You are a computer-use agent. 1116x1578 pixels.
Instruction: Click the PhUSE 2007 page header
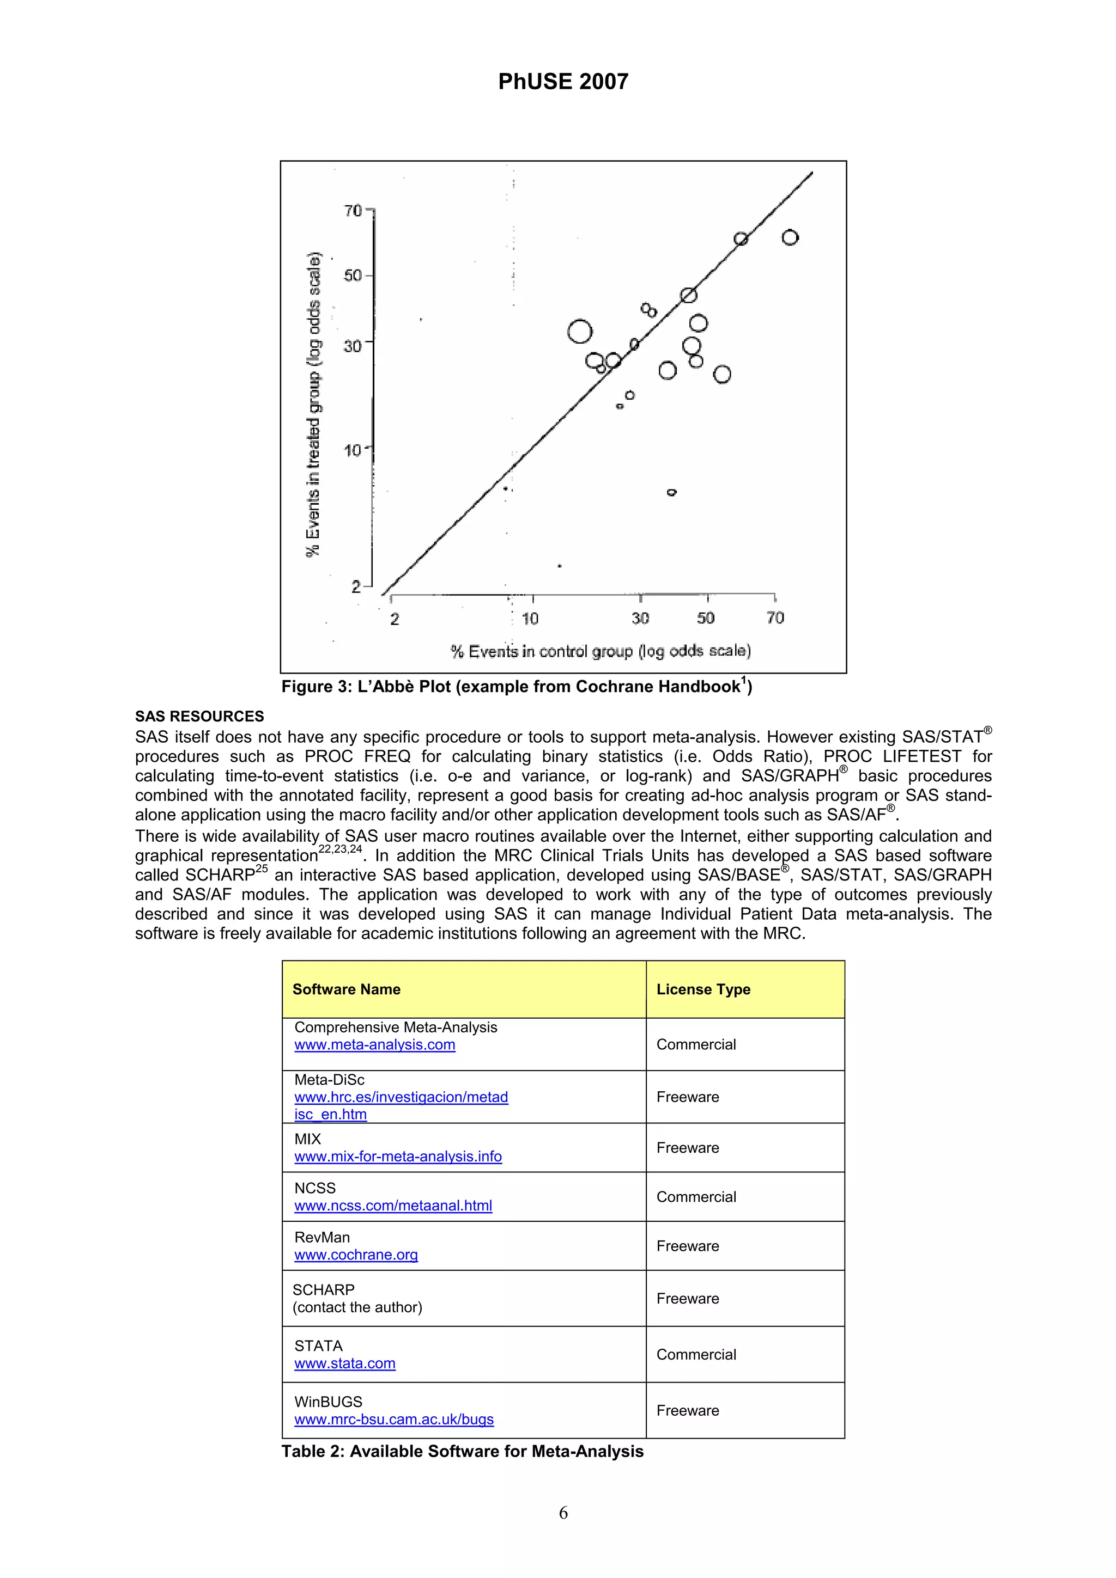tap(562, 82)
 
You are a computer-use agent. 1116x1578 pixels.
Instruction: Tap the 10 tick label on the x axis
tap(530, 619)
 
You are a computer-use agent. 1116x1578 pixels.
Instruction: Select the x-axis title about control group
tap(601, 651)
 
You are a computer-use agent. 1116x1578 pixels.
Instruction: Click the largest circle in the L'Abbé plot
tap(580, 331)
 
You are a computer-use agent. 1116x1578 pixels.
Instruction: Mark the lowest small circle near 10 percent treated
tap(672, 492)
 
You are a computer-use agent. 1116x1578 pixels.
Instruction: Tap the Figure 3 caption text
tap(517, 687)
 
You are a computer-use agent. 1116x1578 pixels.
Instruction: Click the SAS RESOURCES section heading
tap(199, 716)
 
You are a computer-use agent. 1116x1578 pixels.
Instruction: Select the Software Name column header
tap(346, 989)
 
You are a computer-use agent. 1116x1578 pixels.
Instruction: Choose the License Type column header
tap(703, 989)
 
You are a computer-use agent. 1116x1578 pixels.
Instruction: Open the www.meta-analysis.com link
tap(375, 1045)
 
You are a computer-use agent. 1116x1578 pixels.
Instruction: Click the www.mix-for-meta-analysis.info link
tap(398, 1157)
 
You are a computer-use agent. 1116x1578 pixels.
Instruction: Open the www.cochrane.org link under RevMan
tap(356, 1255)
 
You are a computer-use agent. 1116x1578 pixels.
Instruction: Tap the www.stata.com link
tap(344, 1363)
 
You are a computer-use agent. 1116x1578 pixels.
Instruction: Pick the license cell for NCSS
tap(696, 1196)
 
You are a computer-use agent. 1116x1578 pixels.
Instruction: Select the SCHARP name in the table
tap(323, 1290)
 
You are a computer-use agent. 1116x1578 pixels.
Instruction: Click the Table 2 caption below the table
tap(462, 1452)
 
